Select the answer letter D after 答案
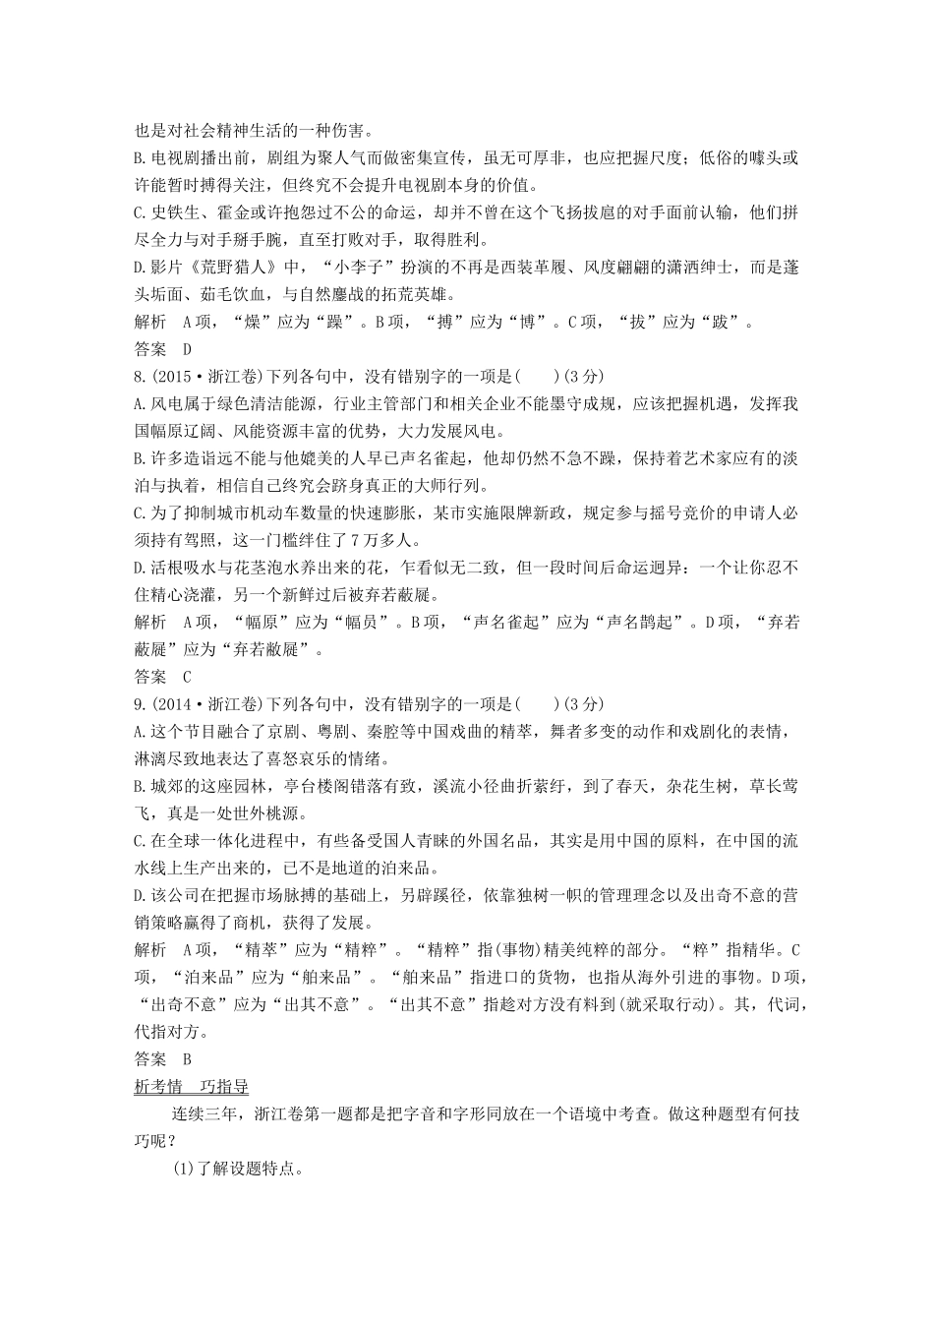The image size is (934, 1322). pos(186,348)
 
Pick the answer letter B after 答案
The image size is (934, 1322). pos(186,1058)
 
